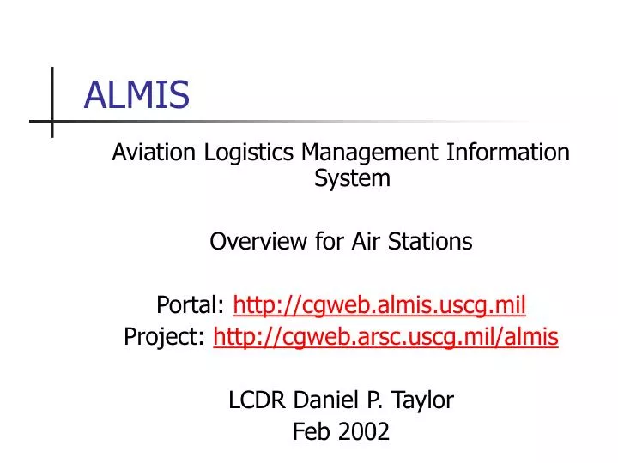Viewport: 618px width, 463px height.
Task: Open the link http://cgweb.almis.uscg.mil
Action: (379, 304)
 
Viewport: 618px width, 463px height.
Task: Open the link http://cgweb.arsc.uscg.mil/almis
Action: (385, 338)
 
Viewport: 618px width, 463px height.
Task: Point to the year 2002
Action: (364, 432)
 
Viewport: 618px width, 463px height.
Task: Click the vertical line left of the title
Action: (52, 102)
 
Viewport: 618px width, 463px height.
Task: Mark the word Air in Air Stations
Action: (370, 242)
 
